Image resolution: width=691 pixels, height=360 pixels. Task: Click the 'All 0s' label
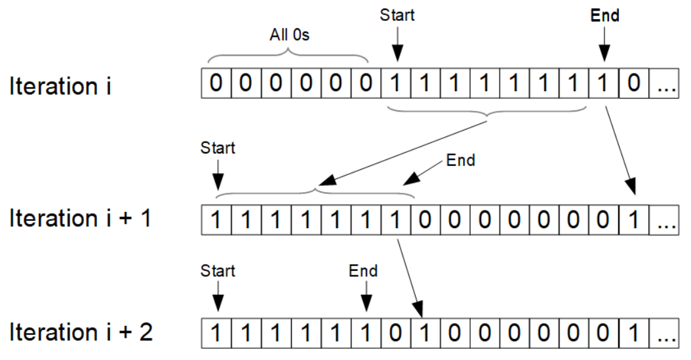coord(290,34)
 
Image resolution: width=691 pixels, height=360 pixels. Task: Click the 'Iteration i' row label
coord(60,85)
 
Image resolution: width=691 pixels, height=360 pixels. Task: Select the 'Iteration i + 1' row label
coord(80,218)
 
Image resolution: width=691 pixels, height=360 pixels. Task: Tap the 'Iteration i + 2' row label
coord(81,332)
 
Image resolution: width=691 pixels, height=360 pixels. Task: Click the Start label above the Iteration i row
coord(397,15)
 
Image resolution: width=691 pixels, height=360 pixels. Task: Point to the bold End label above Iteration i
coord(604,16)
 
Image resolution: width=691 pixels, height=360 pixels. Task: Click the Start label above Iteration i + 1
coord(218,148)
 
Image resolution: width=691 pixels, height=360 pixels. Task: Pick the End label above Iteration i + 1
coord(460,160)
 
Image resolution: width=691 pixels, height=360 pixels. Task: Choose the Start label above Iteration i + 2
coord(218,271)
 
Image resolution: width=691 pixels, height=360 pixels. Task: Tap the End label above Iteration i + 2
coord(363,271)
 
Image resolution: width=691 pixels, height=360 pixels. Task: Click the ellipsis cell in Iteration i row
coord(663,83)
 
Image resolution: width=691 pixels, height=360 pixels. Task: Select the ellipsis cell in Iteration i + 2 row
coord(663,333)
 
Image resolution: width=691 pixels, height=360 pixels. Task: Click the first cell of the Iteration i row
coord(216,83)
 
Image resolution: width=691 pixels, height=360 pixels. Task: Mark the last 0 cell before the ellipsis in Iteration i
coord(634,83)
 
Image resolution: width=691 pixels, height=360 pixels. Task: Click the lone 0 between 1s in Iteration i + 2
coord(395,333)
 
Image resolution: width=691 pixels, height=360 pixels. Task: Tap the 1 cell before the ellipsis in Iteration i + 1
coord(634,220)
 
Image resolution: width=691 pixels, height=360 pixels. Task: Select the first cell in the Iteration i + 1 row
coord(216,220)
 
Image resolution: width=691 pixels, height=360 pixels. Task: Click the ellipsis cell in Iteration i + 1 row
coord(663,220)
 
